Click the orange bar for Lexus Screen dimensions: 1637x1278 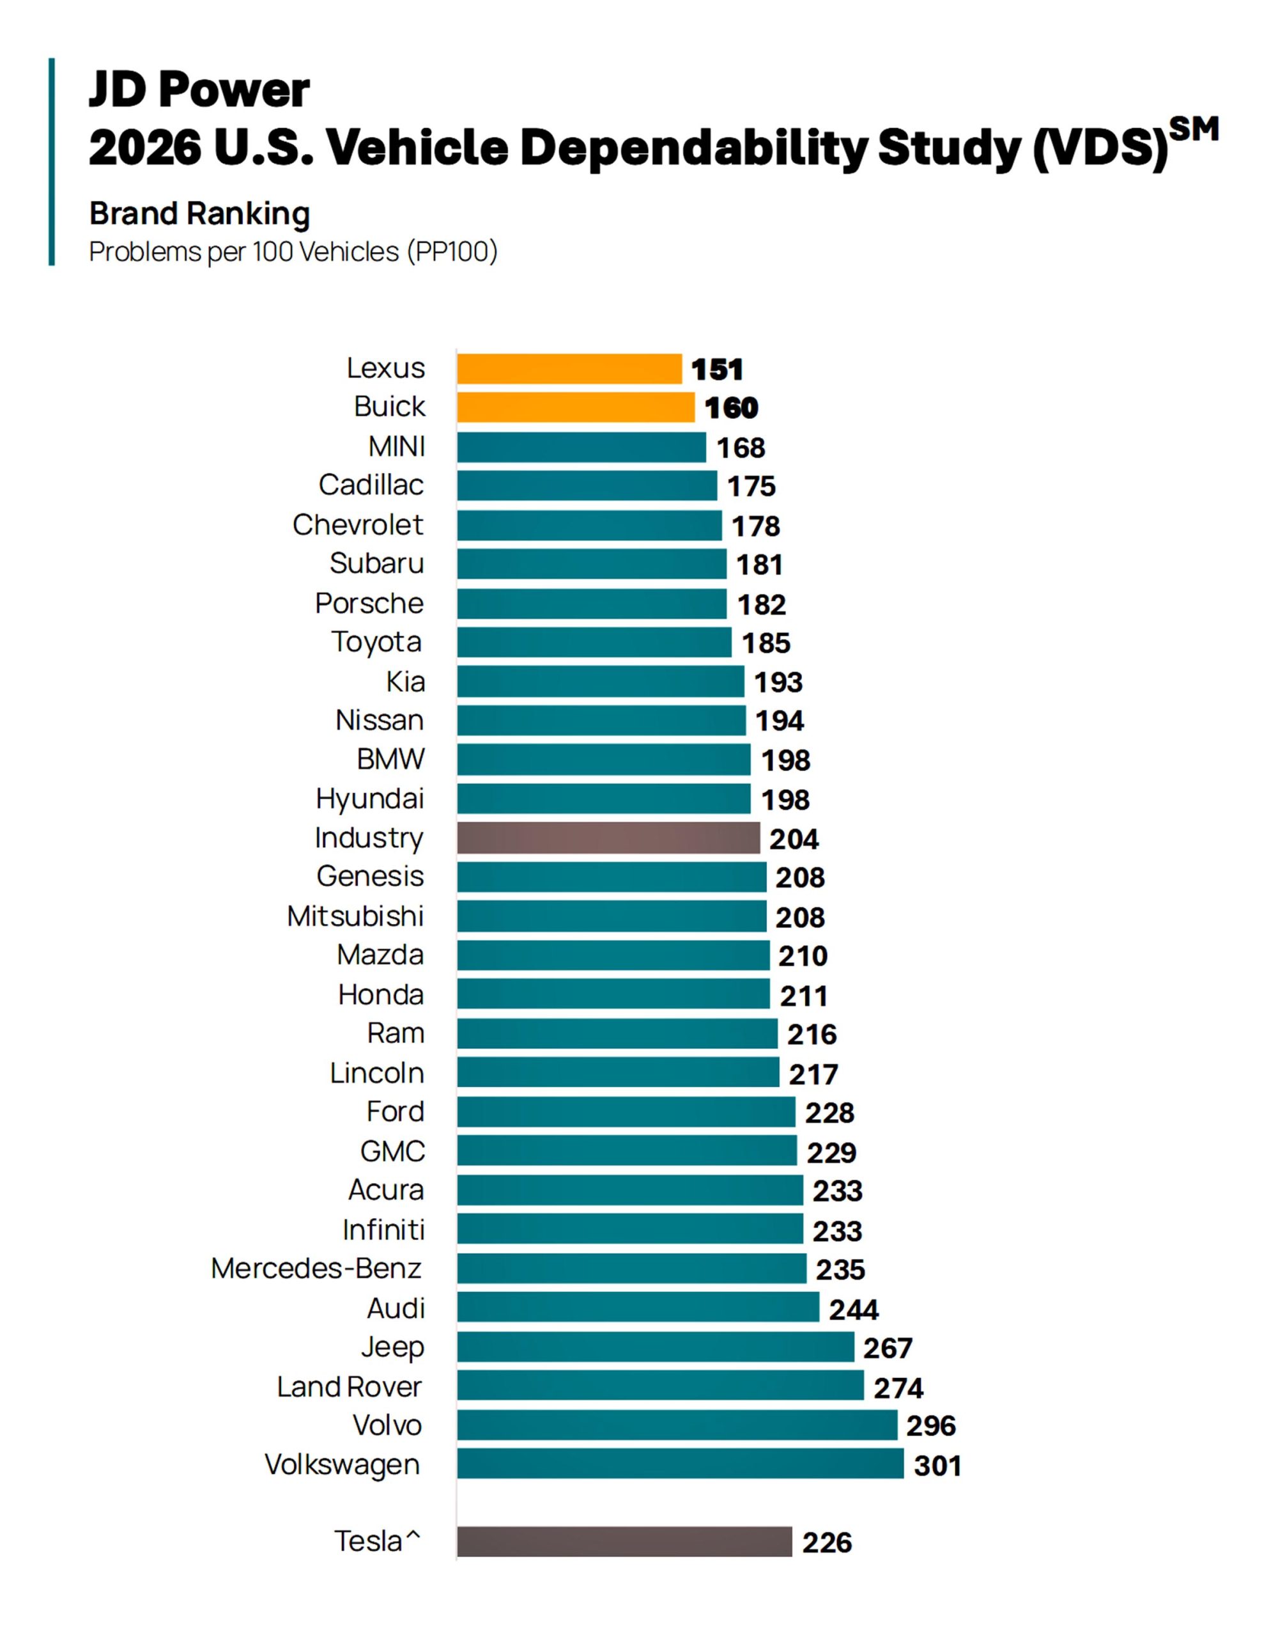point(569,369)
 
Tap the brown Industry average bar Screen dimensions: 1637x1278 point(608,838)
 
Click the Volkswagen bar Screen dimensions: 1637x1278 point(680,1464)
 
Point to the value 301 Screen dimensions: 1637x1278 point(937,1466)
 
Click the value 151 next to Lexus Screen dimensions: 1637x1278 point(717,370)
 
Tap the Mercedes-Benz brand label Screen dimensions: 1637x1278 point(316,1268)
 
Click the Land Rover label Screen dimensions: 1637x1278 point(349,1386)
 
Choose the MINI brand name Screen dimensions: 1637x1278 point(396,447)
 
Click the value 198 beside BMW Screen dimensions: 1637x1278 point(786,761)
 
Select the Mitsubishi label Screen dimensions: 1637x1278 point(355,916)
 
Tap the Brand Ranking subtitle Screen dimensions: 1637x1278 point(199,214)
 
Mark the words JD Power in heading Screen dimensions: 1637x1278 point(199,90)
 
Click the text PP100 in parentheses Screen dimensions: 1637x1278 point(452,252)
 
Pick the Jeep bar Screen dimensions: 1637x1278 point(656,1347)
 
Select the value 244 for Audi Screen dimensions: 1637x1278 point(853,1310)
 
